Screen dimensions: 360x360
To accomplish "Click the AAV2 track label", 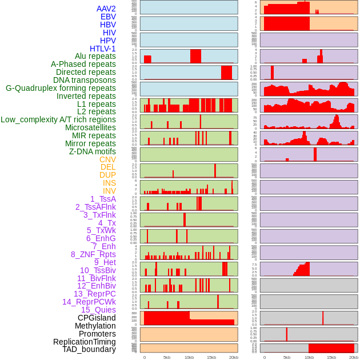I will (106, 9).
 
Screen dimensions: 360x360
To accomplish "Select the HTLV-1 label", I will (103, 49).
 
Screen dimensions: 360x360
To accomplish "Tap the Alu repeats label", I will (95, 56).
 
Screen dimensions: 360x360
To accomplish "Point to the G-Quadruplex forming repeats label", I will (61, 88).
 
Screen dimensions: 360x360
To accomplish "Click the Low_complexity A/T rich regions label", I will (58, 119).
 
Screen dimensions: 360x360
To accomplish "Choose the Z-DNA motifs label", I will (93, 151).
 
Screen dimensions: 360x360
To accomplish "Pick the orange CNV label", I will (107, 159).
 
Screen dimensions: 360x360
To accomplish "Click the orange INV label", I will (109, 191).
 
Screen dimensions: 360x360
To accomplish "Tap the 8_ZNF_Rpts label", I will (93, 254).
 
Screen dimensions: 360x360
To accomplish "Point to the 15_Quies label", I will (98, 310).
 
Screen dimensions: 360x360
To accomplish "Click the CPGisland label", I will (97, 318).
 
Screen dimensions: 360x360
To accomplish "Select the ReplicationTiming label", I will (84, 342).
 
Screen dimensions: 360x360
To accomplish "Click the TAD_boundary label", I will (89, 349).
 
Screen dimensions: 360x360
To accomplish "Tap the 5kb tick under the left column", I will (167, 357).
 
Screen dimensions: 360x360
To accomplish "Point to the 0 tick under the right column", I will (264, 357).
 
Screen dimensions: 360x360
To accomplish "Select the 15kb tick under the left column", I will (211, 357).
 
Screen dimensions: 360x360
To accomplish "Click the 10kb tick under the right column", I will (309, 357).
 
